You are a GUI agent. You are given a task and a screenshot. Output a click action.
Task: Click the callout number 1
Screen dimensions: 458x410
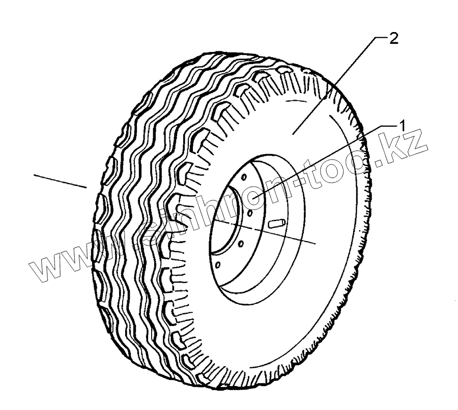(402, 125)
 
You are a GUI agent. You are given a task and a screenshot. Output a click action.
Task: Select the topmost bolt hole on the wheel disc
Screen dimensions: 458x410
(244, 177)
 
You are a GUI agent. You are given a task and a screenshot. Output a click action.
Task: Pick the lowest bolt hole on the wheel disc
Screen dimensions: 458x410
(217, 265)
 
